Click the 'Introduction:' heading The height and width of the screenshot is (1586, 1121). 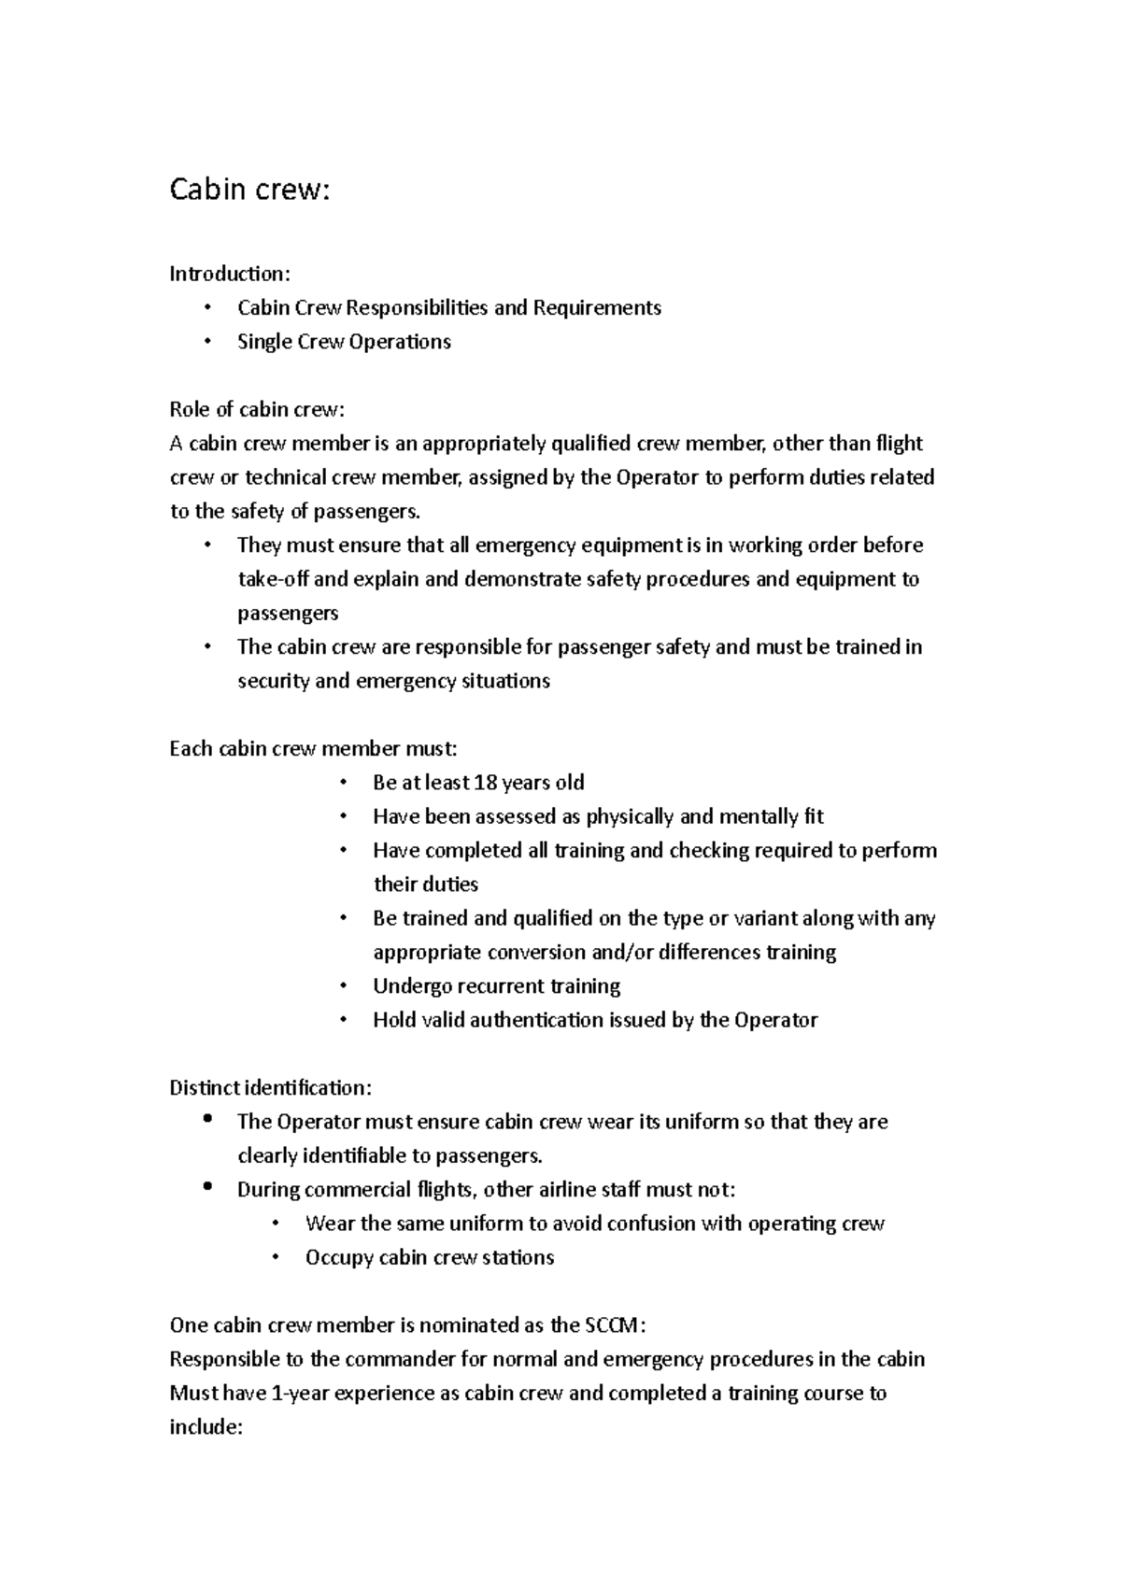tap(230, 274)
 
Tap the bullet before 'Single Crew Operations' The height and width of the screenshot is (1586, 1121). tap(207, 342)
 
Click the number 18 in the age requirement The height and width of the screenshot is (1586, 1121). tap(487, 783)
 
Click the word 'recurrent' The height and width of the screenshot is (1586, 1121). tap(501, 986)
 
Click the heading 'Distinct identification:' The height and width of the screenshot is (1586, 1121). tap(270, 1088)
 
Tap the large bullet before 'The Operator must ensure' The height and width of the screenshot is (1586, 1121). tap(207, 1119)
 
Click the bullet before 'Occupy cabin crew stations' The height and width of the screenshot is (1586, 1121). tap(276, 1258)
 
